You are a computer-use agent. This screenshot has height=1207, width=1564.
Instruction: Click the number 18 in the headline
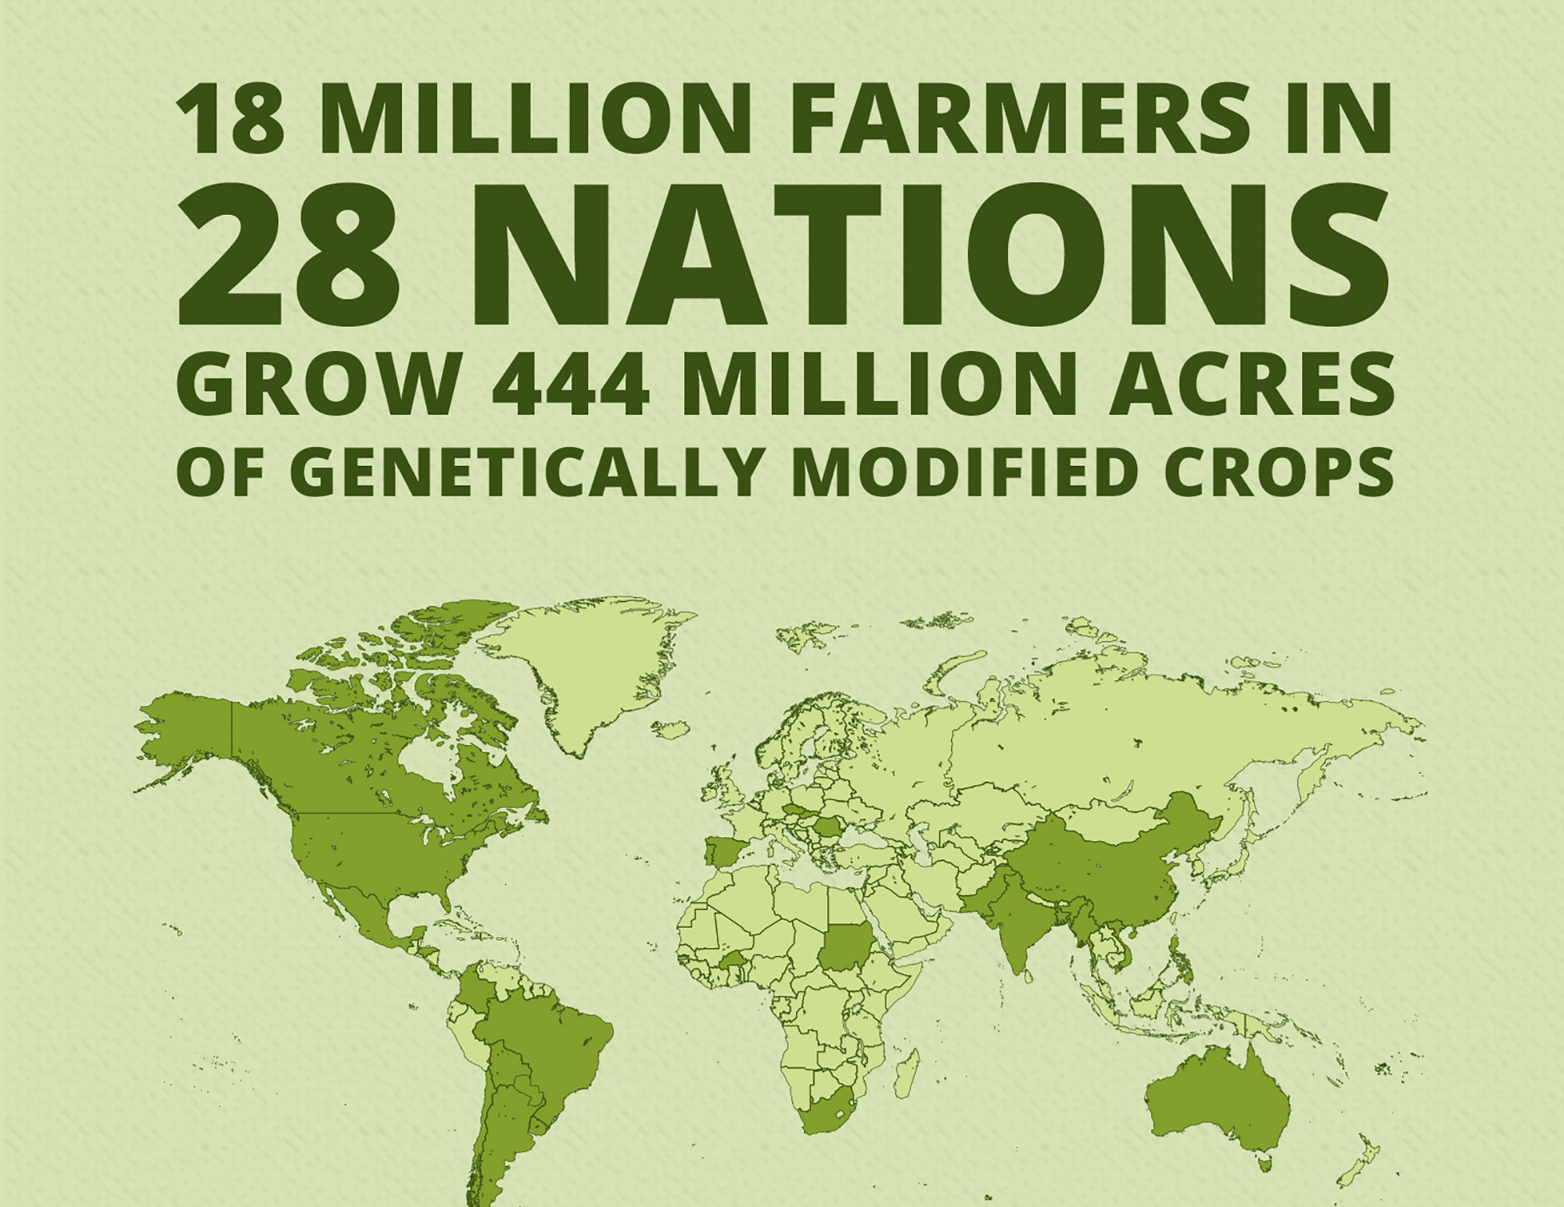click(x=230, y=117)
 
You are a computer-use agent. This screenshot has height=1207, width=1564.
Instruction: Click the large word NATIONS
click(x=931, y=255)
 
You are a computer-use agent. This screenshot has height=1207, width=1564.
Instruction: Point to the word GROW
click(x=317, y=384)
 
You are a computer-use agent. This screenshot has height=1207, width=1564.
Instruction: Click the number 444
click(x=571, y=384)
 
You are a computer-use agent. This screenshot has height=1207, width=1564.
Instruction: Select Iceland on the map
click(x=671, y=729)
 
